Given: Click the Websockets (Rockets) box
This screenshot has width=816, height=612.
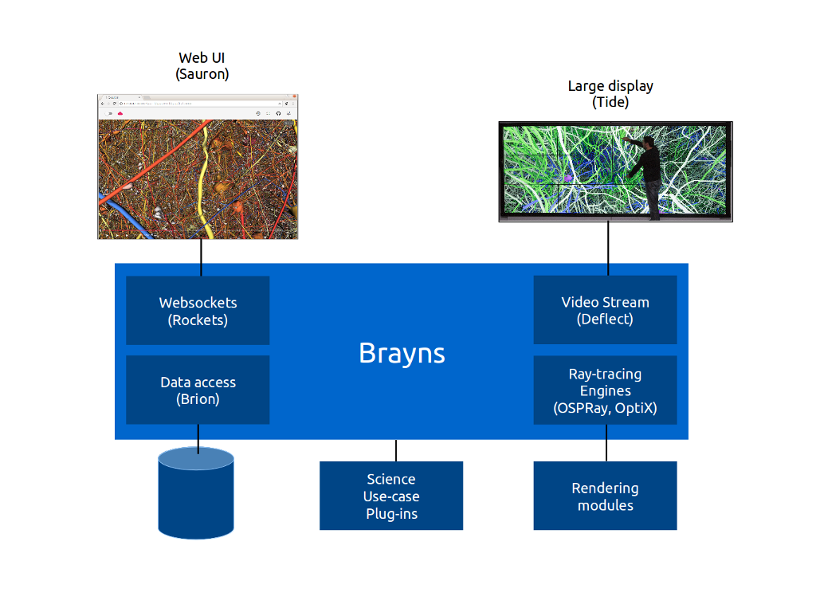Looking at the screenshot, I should (x=198, y=311).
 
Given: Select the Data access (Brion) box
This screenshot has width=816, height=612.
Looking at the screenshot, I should (x=198, y=390).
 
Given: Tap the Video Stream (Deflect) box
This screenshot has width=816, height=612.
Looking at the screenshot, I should (x=605, y=310).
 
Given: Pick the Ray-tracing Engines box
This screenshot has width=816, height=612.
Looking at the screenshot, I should (x=605, y=390).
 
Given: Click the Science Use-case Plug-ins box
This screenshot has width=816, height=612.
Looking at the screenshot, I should (x=391, y=496).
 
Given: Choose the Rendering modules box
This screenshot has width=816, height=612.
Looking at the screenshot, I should (x=605, y=496).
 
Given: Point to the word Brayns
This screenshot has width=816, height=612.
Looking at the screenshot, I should (x=402, y=352).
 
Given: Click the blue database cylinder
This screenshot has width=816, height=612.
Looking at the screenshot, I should (x=196, y=494).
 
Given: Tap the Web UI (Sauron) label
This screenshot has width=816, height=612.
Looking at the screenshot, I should (x=202, y=65).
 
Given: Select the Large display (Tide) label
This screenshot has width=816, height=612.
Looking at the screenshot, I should (x=610, y=94).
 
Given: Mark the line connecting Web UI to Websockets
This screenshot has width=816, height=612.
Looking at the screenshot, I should (x=201, y=257).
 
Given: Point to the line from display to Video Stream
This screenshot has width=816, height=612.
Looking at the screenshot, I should (x=608, y=249).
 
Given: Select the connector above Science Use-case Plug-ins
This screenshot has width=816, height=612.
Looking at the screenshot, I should (x=396, y=450).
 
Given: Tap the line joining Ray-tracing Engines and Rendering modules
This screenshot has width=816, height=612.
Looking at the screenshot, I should (x=606, y=443).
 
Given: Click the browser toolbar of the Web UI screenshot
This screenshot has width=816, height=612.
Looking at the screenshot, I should (x=198, y=113).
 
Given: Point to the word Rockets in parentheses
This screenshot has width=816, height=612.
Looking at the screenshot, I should (x=198, y=320).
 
